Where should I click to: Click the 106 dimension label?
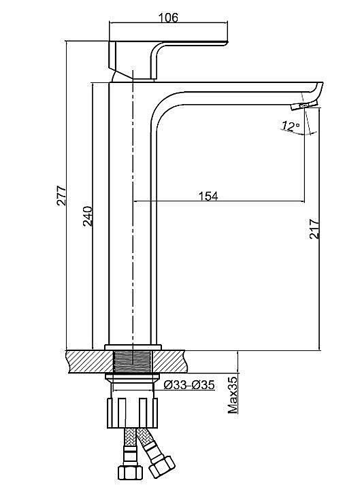pos(168,17)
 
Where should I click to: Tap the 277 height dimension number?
pos(61,195)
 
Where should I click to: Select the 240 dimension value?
pos(88,216)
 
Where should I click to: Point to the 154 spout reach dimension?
pos(208,196)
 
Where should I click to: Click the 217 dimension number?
pos(314,229)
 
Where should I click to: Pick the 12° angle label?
pos(291,126)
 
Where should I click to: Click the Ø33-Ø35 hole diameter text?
pos(189,385)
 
